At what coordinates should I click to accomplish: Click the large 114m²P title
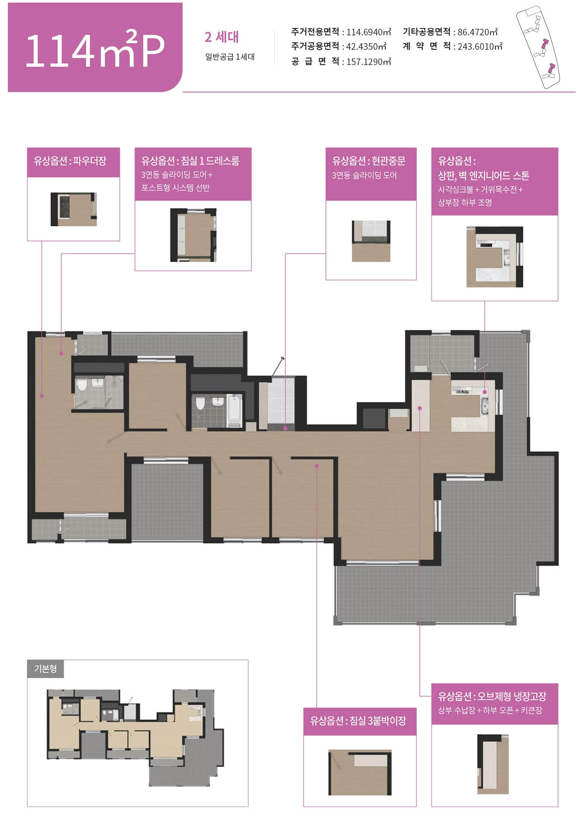click(x=95, y=49)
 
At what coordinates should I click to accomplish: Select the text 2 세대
click(x=221, y=37)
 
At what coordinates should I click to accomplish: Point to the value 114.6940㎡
click(x=369, y=32)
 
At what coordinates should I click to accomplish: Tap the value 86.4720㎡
click(x=477, y=32)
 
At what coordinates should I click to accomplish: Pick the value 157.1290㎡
click(x=369, y=62)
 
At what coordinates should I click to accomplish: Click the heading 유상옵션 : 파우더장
click(x=70, y=161)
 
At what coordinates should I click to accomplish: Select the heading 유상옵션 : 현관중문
click(x=369, y=161)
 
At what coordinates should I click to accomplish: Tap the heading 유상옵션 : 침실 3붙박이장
click(x=358, y=720)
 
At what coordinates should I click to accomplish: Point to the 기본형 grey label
click(x=45, y=668)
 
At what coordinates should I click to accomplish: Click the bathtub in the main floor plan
click(x=235, y=411)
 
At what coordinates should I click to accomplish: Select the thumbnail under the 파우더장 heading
click(x=73, y=209)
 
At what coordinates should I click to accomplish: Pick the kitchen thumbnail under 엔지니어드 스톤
click(x=494, y=257)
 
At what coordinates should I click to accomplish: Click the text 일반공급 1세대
click(x=230, y=57)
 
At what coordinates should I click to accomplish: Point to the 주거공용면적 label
click(x=315, y=46)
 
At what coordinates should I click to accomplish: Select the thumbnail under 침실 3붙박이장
click(x=360, y=772)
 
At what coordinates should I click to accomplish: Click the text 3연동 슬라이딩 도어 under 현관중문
click(x=364, y=175)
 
